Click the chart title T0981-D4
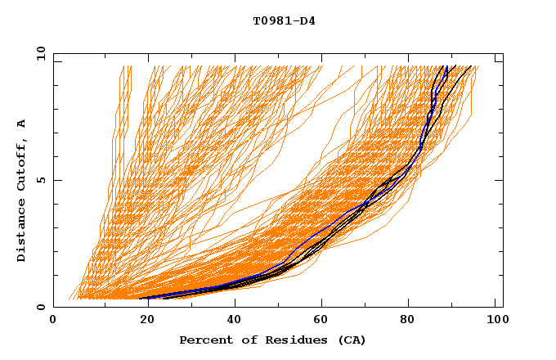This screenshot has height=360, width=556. [x=284, y=21]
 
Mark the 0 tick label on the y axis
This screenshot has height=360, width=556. [x=40, y=307]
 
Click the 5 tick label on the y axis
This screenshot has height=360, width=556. [x=40, y=180]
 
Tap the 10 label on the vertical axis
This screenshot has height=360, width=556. [x=40, y=53]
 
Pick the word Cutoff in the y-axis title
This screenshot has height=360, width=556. [x=22, y=164]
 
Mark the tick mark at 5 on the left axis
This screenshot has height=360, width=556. [x=56, y=180]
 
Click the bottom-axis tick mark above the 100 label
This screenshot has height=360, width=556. [x=503, y=304]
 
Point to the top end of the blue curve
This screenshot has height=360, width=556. [x=446, y=66]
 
